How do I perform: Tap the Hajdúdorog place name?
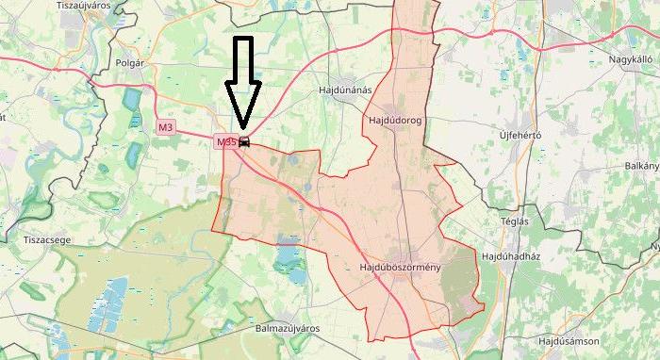393,120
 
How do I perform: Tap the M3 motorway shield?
166,126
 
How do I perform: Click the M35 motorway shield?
225,142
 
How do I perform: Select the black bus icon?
244,142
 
